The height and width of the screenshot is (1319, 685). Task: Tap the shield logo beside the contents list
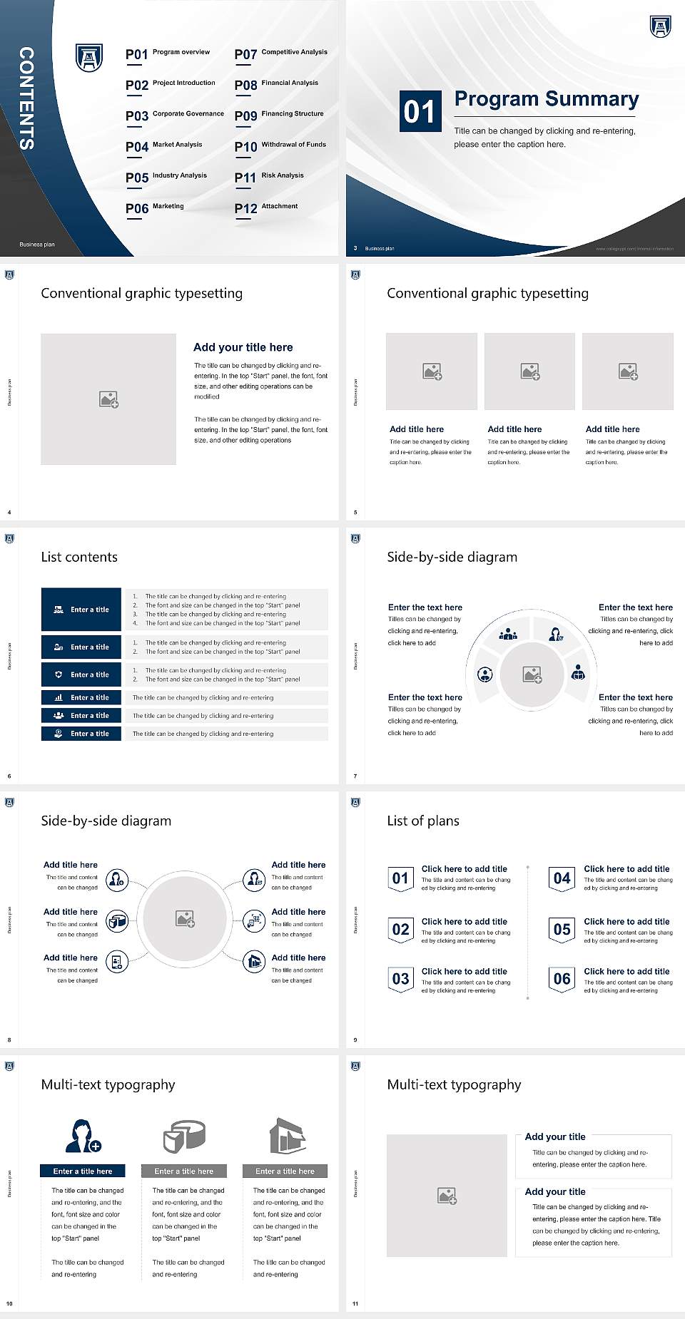[89, 58]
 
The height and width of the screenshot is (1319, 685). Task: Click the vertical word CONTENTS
[26, 98]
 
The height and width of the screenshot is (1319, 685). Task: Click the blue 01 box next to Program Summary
[419, 111]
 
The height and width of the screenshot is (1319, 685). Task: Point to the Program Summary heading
[546, 99]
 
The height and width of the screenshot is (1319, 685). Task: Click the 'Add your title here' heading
[243, 347]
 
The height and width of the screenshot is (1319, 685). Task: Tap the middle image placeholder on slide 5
[529, 371]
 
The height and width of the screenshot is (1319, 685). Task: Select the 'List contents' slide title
[79, 557]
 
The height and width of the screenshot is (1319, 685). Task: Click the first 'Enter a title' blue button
[81, 610]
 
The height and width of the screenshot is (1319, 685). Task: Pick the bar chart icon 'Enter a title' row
[81, 697]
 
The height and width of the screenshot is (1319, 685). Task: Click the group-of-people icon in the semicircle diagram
[508, 633]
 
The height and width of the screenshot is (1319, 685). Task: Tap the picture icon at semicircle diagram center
[532, 674]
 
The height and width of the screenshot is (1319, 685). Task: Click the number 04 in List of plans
[562, 878]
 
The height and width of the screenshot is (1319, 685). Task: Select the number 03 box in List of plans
[400, 979]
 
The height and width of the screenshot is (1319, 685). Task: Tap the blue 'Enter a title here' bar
[82, 1171]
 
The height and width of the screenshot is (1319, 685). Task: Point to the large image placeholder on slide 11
[447, 1196]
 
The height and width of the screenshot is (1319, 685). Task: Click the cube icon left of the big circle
[117, 922]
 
